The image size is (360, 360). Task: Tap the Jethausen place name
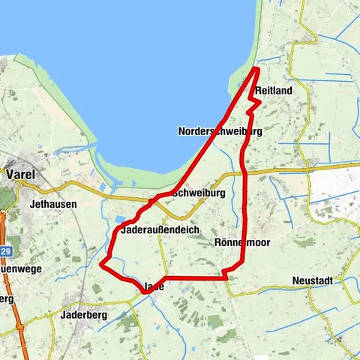coord(52,202)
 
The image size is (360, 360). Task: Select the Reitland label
coord(273,91)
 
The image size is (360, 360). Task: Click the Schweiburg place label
coord(199,193)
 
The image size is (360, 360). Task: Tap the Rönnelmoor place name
coord(241,242)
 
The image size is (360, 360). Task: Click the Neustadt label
coord(316,282)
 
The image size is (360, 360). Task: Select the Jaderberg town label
coord(83,315)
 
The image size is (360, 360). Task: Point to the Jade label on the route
coord(153,286)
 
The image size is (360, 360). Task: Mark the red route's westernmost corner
coord(102,263)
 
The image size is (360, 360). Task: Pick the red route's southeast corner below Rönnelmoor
coord(226,277)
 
